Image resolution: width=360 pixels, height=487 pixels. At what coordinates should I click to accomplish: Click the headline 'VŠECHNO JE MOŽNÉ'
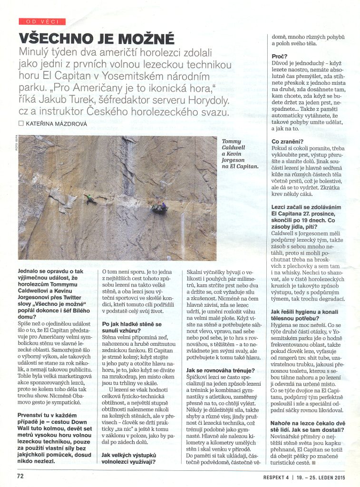[97, 38]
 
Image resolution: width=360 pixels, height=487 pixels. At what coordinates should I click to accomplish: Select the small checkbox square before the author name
[21, 124]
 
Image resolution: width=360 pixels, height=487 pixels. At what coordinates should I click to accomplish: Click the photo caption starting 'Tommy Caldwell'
[240, 154]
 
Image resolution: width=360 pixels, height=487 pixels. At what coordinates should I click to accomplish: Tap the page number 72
[20, 476]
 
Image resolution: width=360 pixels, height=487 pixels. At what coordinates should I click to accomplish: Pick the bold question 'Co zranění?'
[287, 141]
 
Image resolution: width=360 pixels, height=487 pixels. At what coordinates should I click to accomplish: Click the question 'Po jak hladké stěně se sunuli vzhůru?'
[132, 327]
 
